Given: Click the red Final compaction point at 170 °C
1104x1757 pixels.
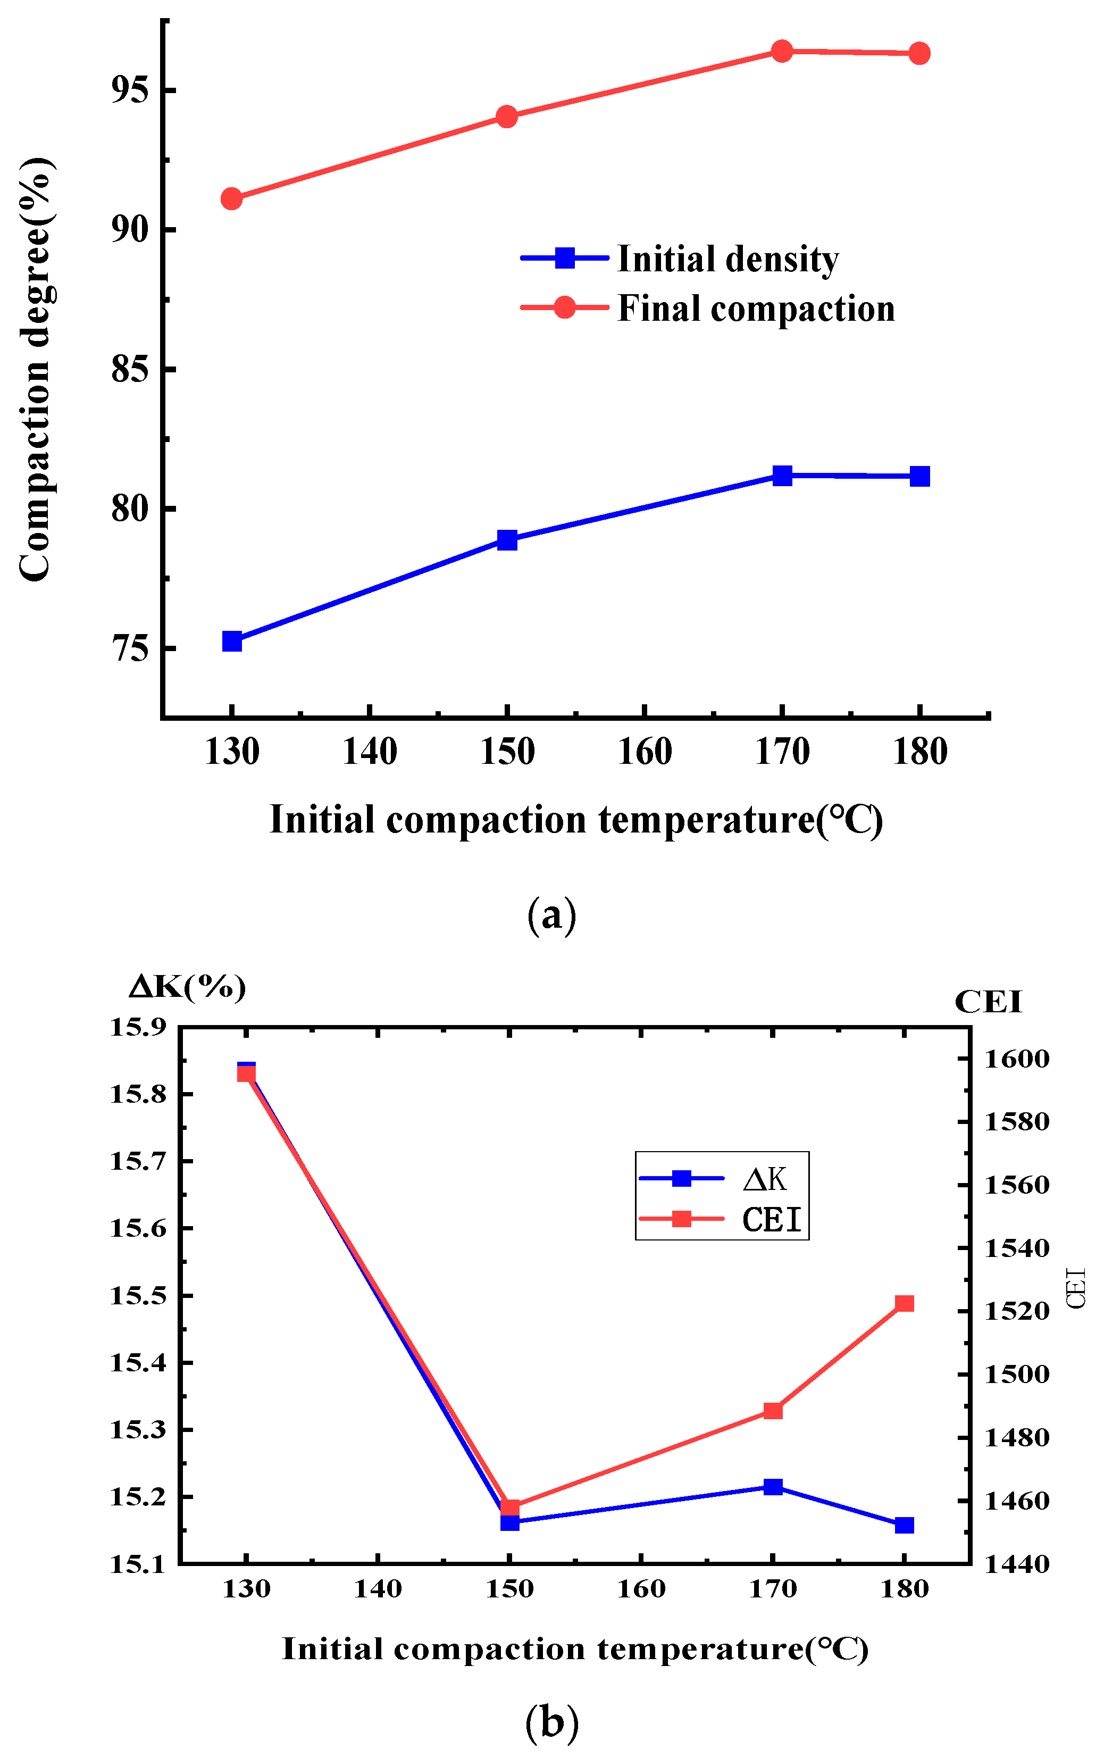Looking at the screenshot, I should [x=782, y=51].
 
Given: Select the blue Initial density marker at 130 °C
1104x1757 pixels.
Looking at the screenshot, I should [x=232, y=642].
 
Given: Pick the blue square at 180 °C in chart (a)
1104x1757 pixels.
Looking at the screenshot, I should [x=919, y=477].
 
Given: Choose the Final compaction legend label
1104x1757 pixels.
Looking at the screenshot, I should [x=755, y=309].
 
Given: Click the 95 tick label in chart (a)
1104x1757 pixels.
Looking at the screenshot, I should [x=130, y=90].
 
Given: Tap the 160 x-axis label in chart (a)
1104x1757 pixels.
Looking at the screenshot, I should [x=645, y=752].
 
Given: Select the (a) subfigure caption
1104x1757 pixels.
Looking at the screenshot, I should [x=551, y=914].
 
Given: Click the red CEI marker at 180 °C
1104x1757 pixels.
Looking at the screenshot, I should [x=904, y=1304].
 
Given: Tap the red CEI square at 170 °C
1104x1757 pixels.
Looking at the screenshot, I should [x=773, y=1410].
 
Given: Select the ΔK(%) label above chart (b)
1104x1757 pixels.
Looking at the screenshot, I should [x=187, y=987].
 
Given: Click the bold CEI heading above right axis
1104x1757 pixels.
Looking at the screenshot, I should [x=988, y=1002].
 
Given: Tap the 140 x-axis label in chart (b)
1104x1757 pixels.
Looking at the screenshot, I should [x=378, y=1589].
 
